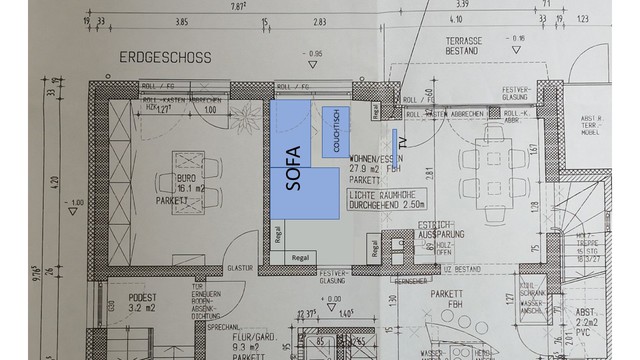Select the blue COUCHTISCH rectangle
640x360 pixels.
coord(339,132)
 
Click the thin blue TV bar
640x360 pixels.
coord(394,140)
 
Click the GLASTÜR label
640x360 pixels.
coord(238,268)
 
